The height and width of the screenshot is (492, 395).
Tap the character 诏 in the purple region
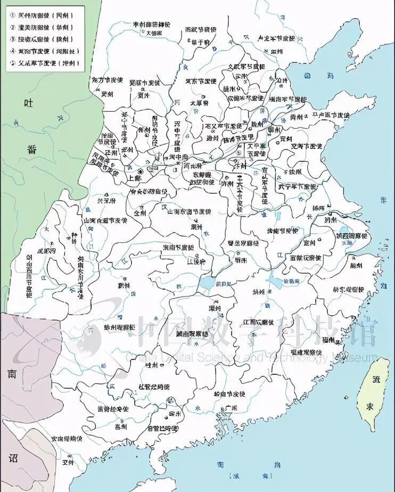coord(13,458)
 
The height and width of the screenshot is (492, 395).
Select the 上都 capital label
coord(135,179)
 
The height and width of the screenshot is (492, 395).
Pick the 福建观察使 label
coord(306,352)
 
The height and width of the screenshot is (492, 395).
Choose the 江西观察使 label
coord(258,322)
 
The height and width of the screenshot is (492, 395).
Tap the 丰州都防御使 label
coord(144,24)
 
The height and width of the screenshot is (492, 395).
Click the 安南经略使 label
coord(67,438)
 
